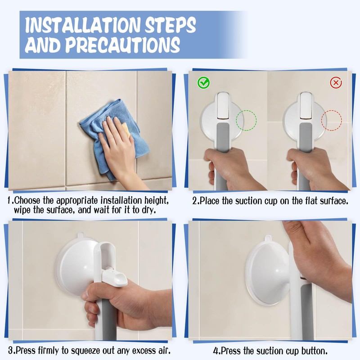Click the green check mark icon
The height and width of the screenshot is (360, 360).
coord(203,83)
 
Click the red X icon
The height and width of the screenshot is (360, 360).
coord(336,82)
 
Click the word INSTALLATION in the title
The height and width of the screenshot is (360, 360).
coord(82,25)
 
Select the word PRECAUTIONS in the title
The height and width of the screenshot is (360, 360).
coord(123,45)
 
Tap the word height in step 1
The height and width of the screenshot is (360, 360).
coord(157,201)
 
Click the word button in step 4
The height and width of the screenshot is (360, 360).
coord(314,351)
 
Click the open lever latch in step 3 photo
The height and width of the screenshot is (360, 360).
coord(114,276)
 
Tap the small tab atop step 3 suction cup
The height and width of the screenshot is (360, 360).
coord(81,235)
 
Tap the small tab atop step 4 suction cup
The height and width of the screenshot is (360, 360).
coord(268,238)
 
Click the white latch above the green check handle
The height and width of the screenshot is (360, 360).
coord(223,106)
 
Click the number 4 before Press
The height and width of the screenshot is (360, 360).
coord(216,351)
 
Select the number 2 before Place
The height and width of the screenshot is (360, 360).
coord(195,201)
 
